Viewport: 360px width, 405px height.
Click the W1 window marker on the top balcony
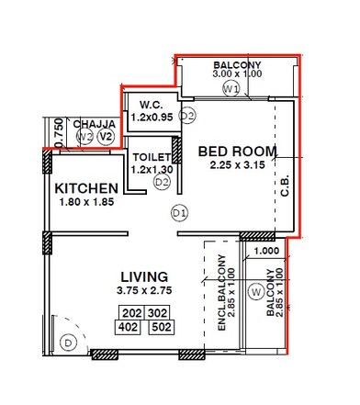[231, 89]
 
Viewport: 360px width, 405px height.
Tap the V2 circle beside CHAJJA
[106, 138]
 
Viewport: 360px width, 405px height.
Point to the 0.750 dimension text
[58, 131]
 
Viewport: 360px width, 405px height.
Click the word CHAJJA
[94, 123]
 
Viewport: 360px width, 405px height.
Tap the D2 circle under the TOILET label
[162, 182]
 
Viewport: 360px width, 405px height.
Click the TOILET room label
[152, 156]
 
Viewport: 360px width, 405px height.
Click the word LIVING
[145, 276]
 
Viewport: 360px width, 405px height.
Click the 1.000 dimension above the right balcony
[265, 250]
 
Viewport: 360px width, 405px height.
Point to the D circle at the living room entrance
[67, 343]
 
